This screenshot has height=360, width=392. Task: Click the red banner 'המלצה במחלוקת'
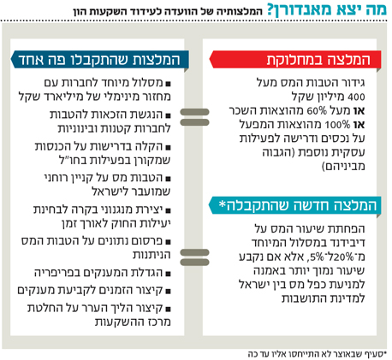click(295, 60)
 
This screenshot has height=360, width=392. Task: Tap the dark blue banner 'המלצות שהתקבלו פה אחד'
click(100, 60)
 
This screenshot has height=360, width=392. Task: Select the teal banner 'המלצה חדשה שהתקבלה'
click(295, 205)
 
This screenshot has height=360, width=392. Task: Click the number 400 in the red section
click(356, 97)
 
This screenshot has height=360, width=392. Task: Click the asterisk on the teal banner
click(223, 204)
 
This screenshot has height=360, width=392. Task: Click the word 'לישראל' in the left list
click(110, 192)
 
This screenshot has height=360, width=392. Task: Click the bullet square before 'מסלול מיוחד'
click(168, 84)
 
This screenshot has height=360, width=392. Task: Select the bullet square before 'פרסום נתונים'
click(168, 242)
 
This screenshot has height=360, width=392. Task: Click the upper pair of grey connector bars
click(195, 117)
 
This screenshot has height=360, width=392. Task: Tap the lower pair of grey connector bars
click(195, 257)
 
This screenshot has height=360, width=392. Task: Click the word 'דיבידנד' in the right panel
click(347, 243)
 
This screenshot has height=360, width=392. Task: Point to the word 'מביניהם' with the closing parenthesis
click(343, 166)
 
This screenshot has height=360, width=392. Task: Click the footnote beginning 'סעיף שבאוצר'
click(317, 354)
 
